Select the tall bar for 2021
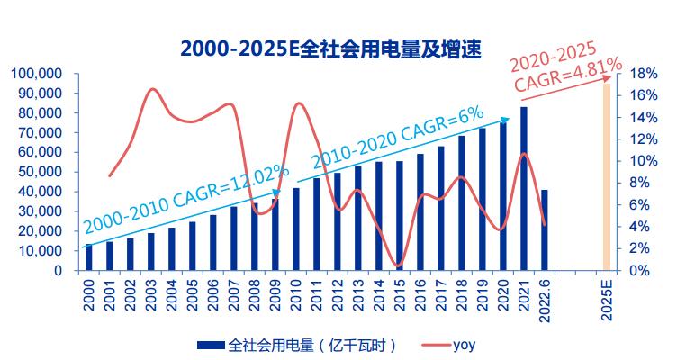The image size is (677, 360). click(524, 189)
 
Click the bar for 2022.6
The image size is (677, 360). click(545, 229)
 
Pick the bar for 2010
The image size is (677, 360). click(296, 229)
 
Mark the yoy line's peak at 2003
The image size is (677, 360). click(150, 89)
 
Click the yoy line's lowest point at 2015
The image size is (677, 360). click(400, 266)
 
